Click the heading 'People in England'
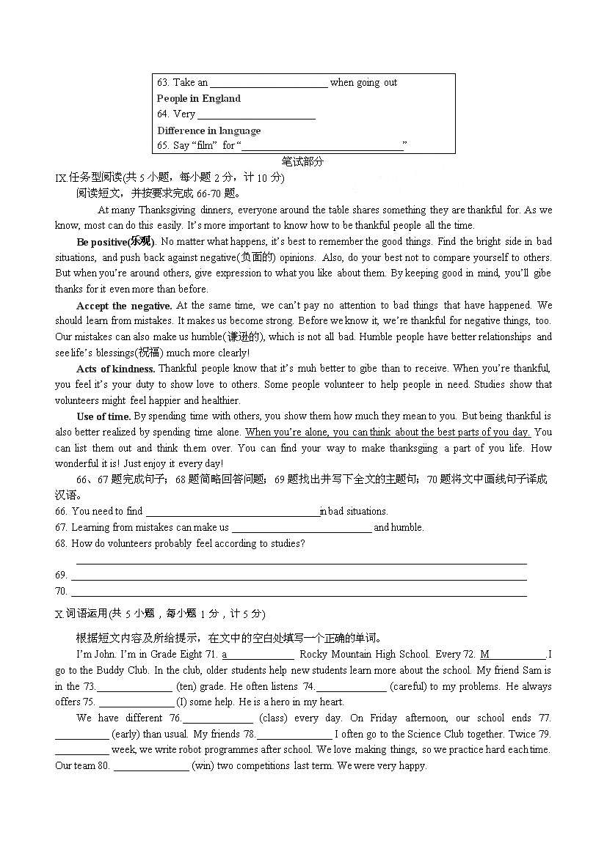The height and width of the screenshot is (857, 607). pyautogui.click(x=198, y=98)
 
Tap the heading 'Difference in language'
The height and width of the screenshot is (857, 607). pyautogui.click(x=208, y=130)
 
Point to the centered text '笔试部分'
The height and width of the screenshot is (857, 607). pyautogui.click(x=302, y=161)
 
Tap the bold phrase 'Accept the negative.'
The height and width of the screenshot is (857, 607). pyautogui.click(x=124, y=305)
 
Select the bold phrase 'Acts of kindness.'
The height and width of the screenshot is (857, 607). pyautogui.click(x=115, y=368)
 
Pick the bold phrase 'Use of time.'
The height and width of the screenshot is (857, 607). pyautogui.click(x=103, y=416)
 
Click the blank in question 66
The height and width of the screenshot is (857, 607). pyautogui.click(x=233, y=512)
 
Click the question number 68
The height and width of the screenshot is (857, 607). pyautogui.click(x=61, y=543)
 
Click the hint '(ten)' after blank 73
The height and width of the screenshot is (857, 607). pyautogui.click(x=186, y=686)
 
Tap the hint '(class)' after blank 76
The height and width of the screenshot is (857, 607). pyautogui.click(x=274, y=718)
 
